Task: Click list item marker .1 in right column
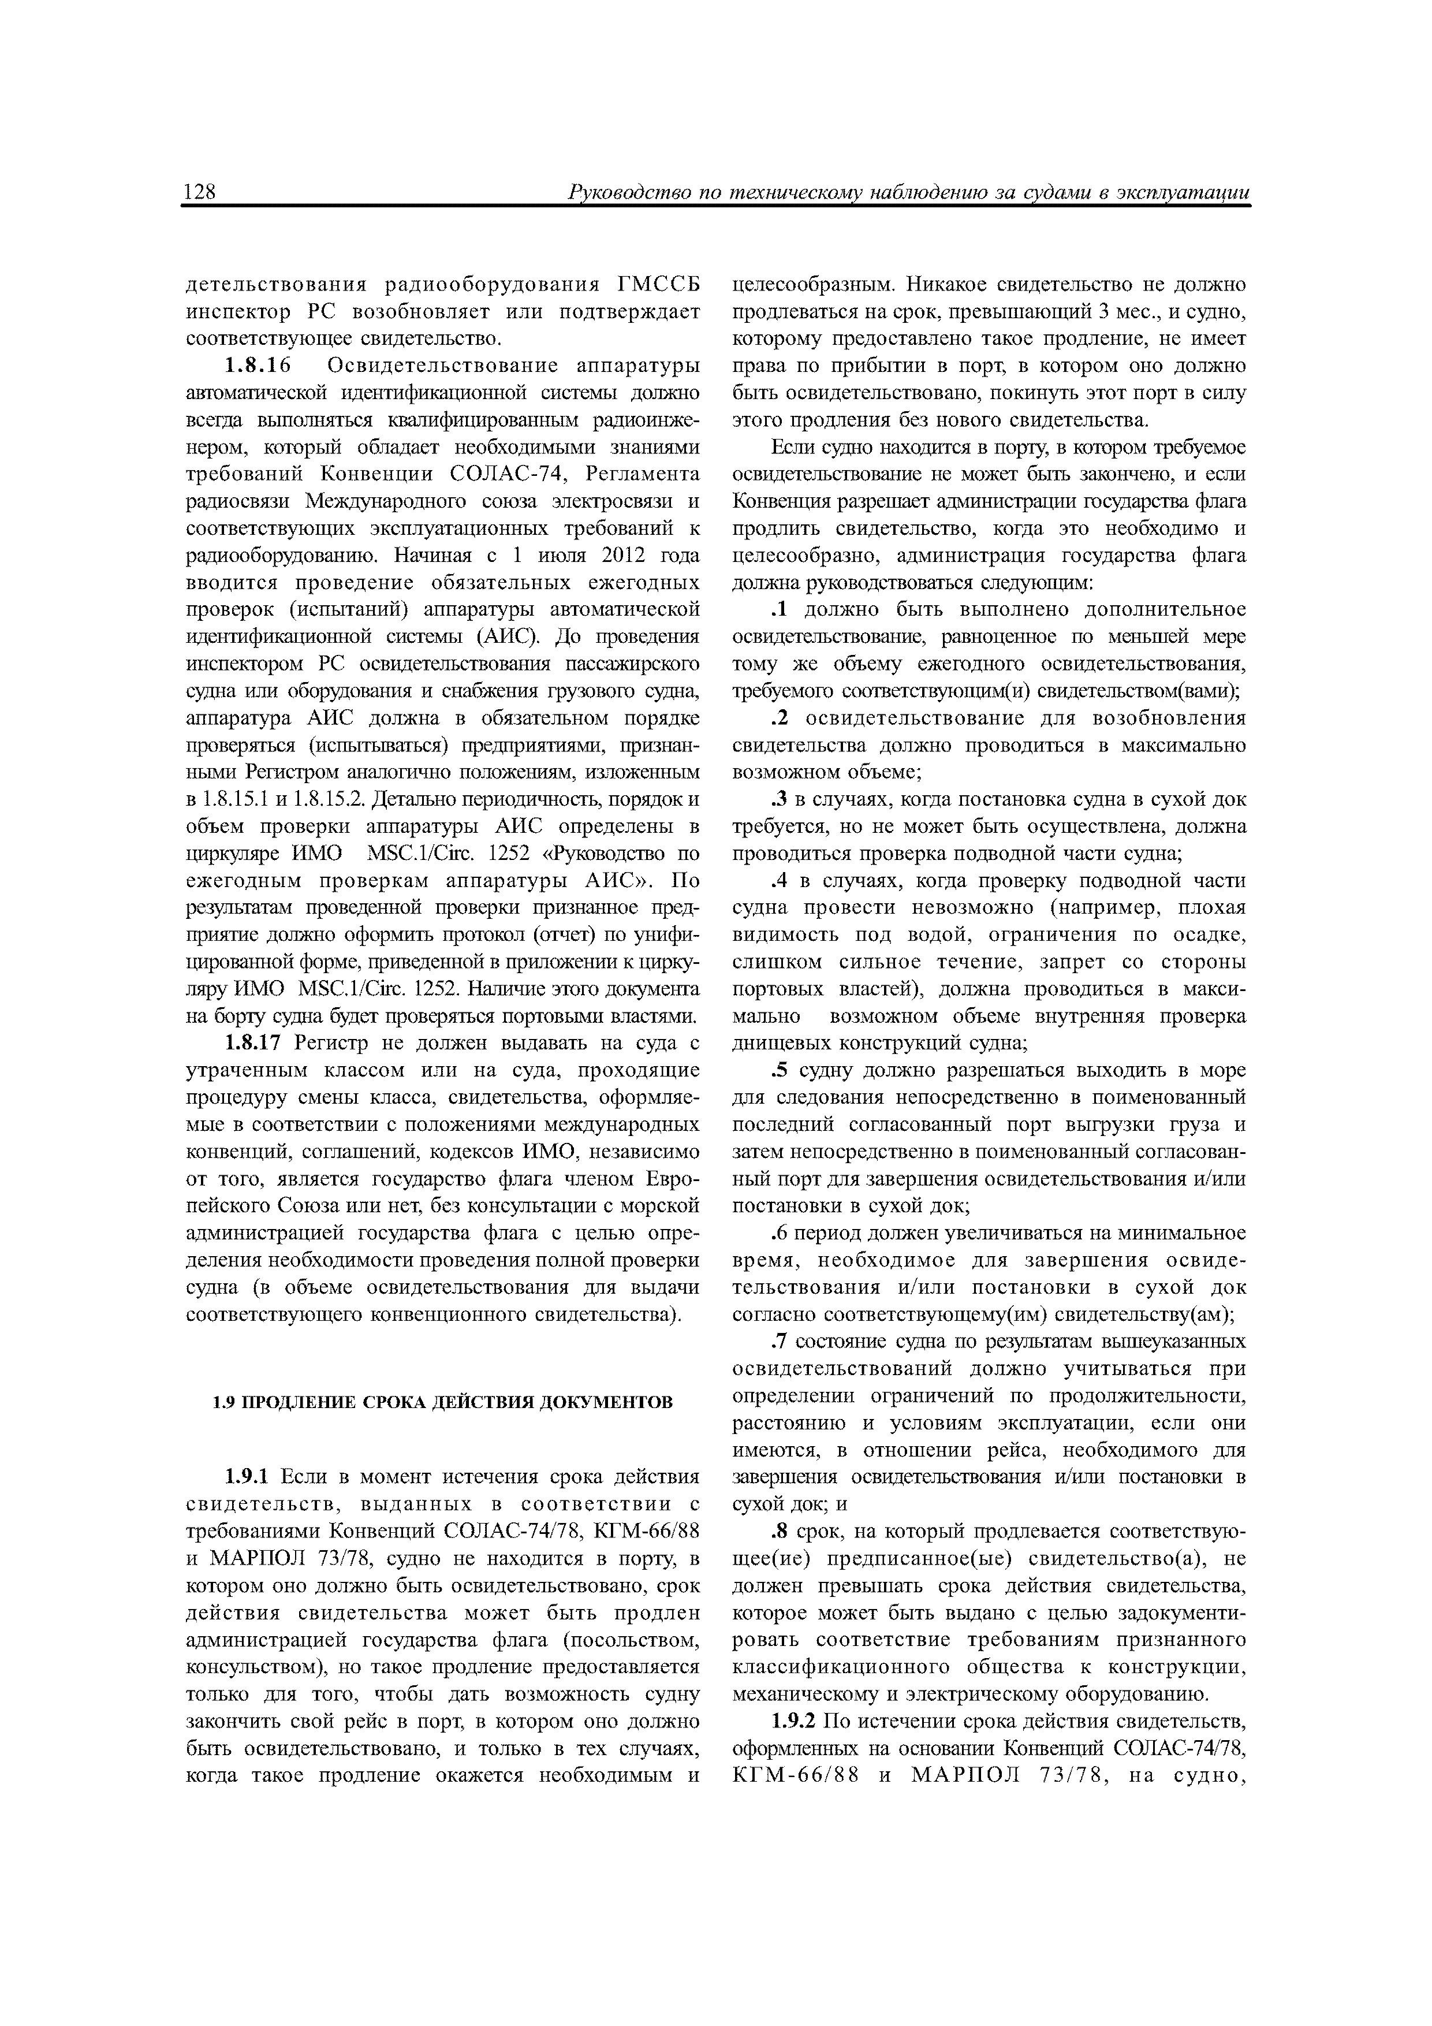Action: point(778,610)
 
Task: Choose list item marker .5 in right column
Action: point(778,1070)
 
